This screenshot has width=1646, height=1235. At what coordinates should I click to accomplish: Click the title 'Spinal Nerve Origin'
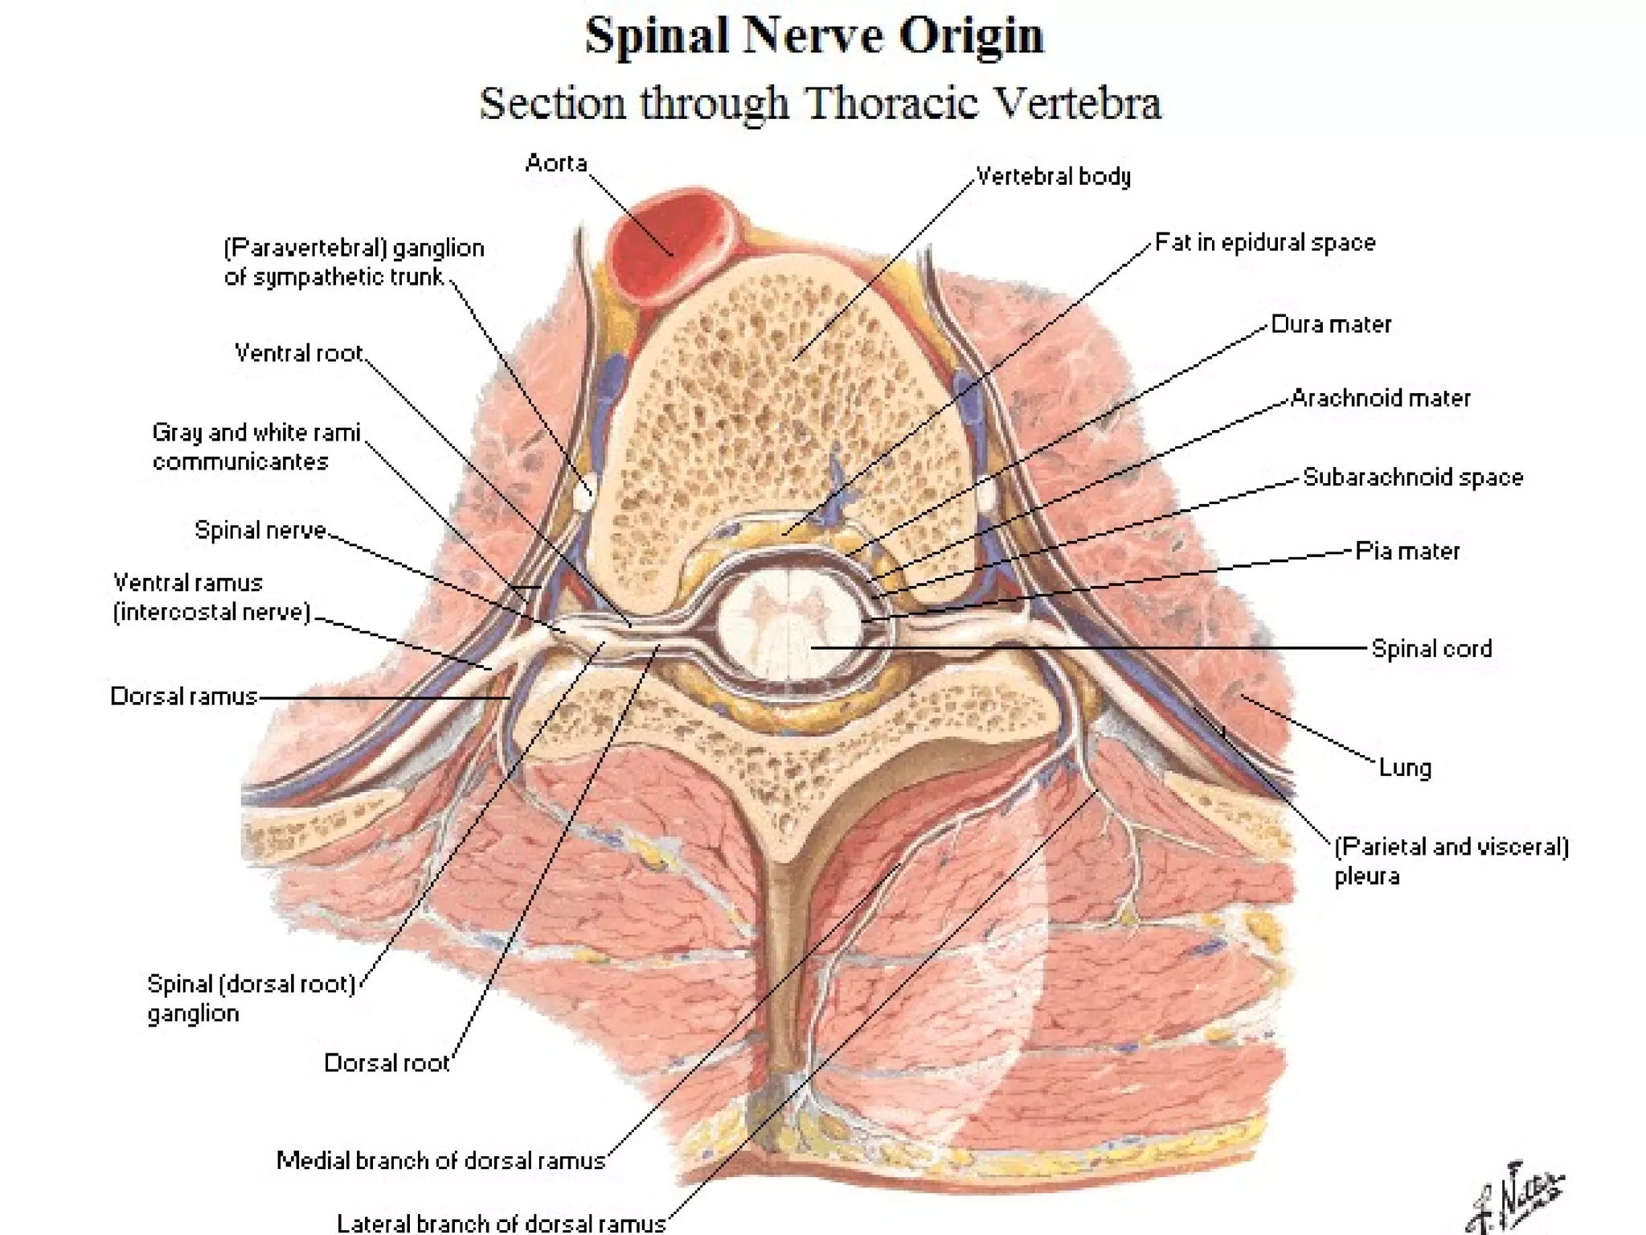pos(813,35)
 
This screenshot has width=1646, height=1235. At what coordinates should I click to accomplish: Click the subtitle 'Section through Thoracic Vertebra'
pos(820,104)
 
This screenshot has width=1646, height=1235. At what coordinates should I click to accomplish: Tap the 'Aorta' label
pos(556,163)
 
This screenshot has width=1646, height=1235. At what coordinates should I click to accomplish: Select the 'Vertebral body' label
pos(1053,176)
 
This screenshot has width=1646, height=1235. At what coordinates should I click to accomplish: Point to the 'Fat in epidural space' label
pos(1265,243)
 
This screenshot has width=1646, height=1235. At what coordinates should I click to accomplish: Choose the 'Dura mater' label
pos(1331,325)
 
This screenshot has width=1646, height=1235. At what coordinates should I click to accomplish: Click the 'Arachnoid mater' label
pos(1380,398)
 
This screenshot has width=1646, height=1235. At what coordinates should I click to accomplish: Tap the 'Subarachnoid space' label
pos(1413,478)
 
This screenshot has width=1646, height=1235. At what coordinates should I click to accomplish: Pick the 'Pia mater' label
pos(1407,552)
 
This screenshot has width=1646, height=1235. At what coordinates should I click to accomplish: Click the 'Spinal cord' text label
pos(1431,649)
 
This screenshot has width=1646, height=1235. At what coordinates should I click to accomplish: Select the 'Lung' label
pos(1405,768)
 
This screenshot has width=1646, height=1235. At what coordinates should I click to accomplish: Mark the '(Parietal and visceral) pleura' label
pos(1451,860)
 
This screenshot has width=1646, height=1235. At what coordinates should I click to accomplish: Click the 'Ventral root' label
pos(299,353)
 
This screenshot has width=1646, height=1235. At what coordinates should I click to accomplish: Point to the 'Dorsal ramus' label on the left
pos(184,696)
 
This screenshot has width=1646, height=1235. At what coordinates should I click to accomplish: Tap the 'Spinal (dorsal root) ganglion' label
pos(251,998)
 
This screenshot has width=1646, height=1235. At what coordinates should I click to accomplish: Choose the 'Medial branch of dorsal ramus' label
pos(440,1160)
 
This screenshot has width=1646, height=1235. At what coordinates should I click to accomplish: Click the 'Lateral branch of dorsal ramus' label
pos(501,1223)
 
